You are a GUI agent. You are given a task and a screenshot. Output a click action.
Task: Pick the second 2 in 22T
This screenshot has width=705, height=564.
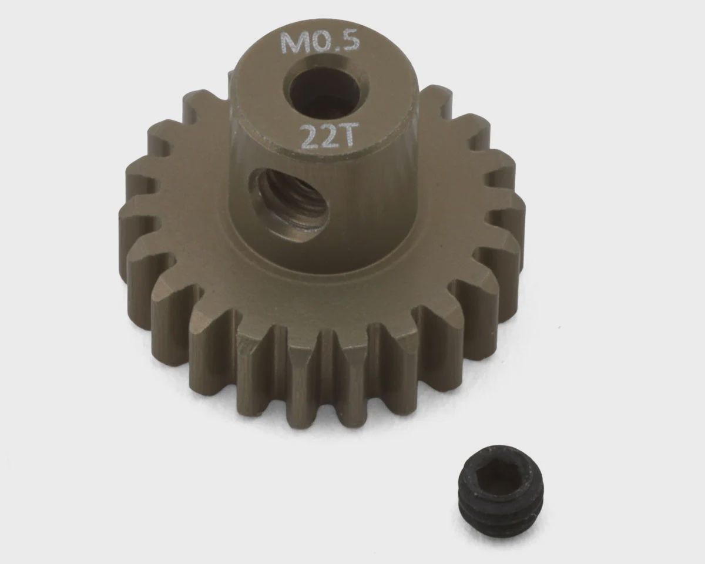tap(332, 137)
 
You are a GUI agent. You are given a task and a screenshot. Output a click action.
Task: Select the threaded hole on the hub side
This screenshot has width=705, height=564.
tap(288, 204)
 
